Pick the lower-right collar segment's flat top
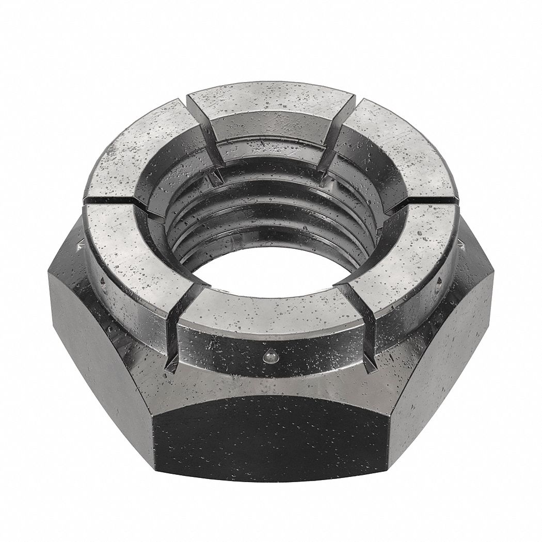point(408,253)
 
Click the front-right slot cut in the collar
point(361,320)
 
